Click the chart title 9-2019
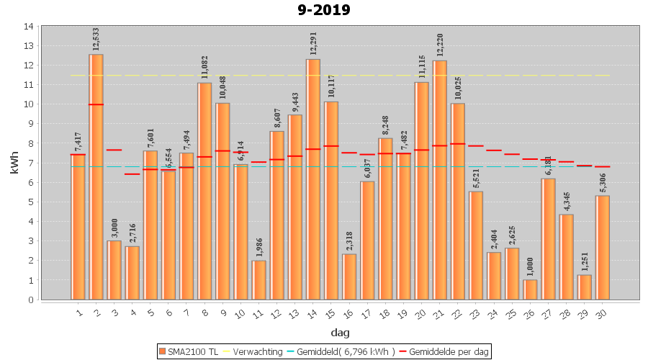[x=323, y=10]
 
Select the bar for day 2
[x=96, y=176]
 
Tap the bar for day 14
[x=313, y=179]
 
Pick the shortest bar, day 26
[x=530, y=289]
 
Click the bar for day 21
[x=440, y=180]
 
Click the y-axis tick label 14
[x=27, y=27]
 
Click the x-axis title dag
[x=341, y=333]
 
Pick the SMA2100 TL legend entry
[x=189, y=351]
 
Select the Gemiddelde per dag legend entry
[x=446, y=351]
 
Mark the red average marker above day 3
[x=114, y=150]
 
